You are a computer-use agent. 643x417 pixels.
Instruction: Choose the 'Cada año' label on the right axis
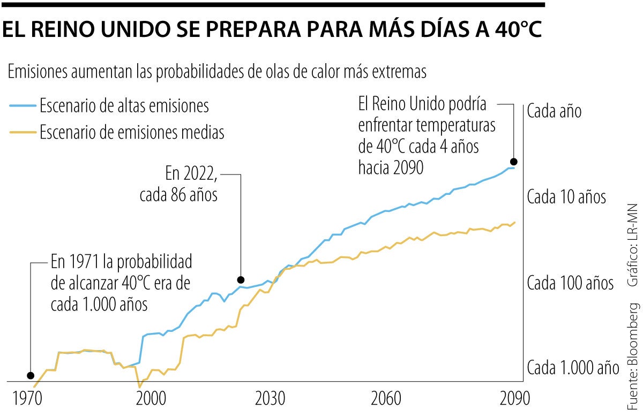point(554,111)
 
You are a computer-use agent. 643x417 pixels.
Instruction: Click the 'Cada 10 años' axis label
point(566,197)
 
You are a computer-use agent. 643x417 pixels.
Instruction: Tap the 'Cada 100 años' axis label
point(570,283)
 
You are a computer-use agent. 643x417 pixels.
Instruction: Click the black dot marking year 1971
point(30,375)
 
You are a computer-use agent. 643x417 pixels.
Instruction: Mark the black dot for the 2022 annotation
point(241,279)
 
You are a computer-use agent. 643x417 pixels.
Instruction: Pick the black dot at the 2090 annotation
point(513,161)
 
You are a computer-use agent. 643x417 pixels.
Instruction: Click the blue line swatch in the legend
point(23,106)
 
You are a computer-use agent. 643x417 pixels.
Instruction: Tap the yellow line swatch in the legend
point(23,132)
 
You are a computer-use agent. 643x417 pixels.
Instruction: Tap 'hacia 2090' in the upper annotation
point(391,168)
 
